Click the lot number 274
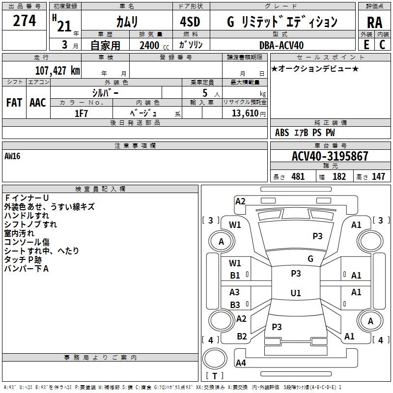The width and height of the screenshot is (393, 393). tap(24, 21)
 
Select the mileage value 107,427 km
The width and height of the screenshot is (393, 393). tap(57, 71)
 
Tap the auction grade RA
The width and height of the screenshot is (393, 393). tap(374, 23)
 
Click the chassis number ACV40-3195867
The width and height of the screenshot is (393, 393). tap(330, 156)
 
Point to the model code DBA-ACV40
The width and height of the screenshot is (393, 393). tap(281, 45)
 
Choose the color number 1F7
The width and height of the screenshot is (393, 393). tap(81, 113)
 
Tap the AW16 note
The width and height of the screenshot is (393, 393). tap(12, 156)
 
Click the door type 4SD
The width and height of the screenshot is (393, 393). tap(190, 22)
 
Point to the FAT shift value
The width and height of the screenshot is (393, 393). tap(14, 103)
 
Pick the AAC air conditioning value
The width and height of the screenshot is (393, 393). tap(38, 103)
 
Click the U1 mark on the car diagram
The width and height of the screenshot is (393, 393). tap(296, 293)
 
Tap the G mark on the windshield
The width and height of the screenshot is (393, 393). tap(310, 258)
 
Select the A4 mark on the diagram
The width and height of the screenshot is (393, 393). tap(241, 363)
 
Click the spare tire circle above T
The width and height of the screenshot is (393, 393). tap(215, 359)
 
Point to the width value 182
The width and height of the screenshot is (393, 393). tap(339, 176)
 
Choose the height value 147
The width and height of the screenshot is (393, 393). tap(378, 176)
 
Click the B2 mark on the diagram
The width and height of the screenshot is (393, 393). tap(242, 336)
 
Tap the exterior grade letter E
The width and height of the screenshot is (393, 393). tap(366, 45)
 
